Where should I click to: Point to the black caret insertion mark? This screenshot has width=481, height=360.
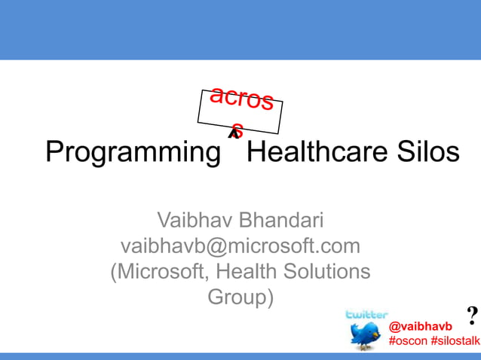(234, 133)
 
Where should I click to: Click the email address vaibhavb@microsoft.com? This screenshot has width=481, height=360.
(240, 246)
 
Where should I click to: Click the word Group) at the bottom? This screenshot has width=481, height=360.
(240, 297)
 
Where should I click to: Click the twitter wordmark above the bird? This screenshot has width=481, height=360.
(366, 314)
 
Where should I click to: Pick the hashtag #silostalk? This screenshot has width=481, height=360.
(455, 340)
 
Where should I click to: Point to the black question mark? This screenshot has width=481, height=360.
(473, 314)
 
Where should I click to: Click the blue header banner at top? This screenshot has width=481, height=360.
(240, 29)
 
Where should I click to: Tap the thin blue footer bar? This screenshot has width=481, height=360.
(240, 355)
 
